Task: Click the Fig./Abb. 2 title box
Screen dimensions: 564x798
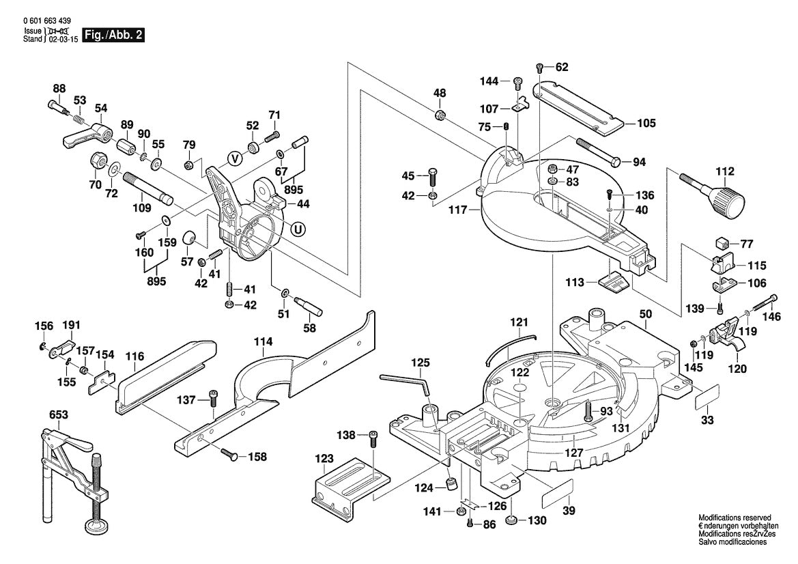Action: pyautogui.click(x=113, y=36)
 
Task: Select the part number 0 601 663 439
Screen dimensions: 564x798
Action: pyautogui.click(x=46, y=22)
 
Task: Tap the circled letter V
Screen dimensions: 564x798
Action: pyautogui.click(x=235, y=158)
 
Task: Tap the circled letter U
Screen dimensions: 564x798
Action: pyautogui.click(x=298, y=229)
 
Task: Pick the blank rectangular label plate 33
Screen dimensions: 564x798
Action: pyautogui.click(x=707, y=397)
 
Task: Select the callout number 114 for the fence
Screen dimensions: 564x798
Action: pyautogui.click(x=263, y=341)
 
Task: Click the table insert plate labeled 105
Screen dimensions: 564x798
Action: pyautogui.click(x=580, y=107)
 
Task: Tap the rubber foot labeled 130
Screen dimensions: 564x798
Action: pyautogui.click(x=511, y=522)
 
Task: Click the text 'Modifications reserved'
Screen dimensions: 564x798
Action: pyautogui.click(x=734, y=518)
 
